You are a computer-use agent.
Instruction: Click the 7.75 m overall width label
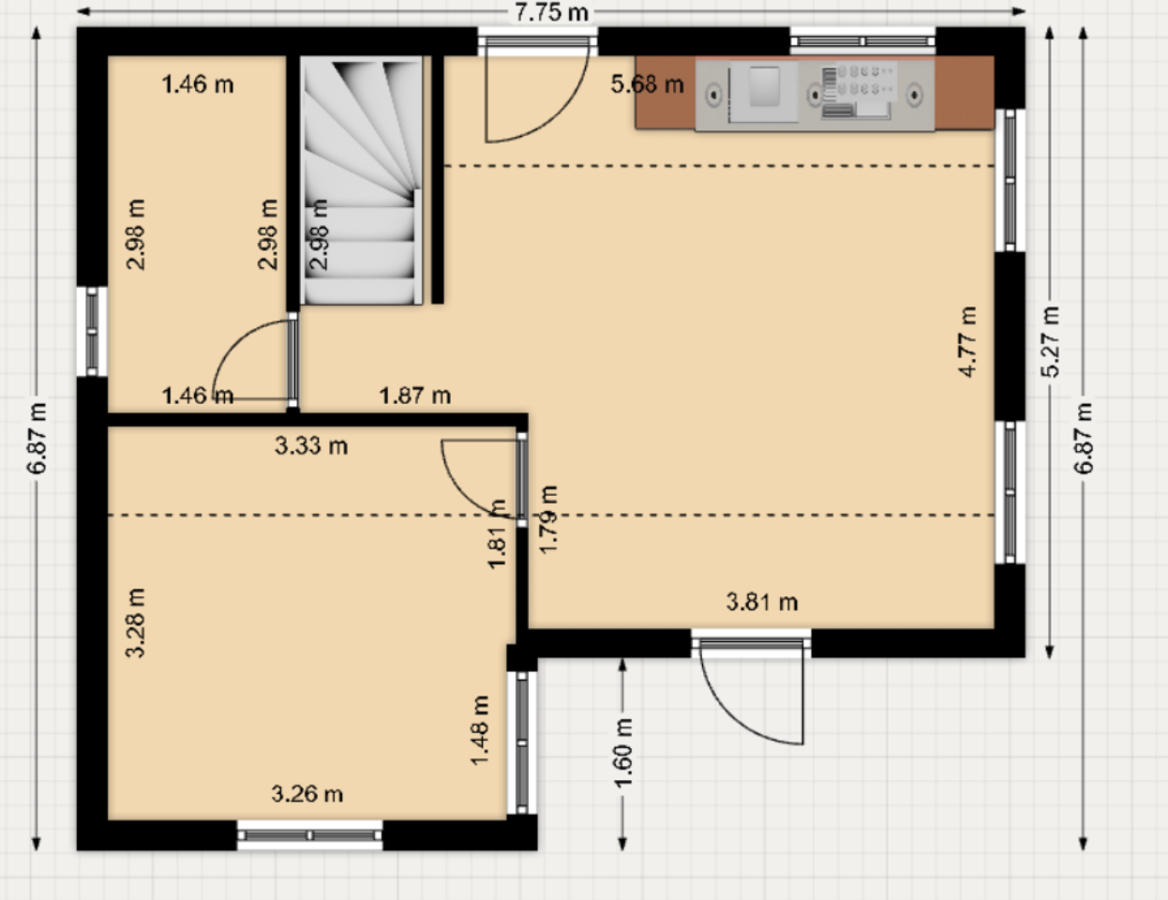click(x=551, y=12)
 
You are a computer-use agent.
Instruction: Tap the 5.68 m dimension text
click(x=647, y=84)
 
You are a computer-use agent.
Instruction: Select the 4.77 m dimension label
click(x=967, y=342)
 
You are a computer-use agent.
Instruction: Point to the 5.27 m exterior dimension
click(x=1050, y=342)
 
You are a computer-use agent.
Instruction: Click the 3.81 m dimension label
click(x=762, y=602)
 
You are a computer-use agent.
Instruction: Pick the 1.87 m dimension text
click(x=415, y=396)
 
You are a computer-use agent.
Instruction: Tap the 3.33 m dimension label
click(x=311, y=446)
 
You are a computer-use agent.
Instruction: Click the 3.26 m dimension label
click(x=307, y=794)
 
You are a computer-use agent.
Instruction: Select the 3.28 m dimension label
click(x=135, y=623)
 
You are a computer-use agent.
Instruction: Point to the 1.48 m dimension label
click(x=479, y=730)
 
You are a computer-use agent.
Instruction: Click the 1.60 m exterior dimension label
click(x=623, y=754)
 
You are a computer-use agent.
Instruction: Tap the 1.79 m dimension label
click(x=548, y=519)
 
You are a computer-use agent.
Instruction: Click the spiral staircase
click(x=361, y=181)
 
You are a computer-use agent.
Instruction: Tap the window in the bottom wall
click(x=309, y=835)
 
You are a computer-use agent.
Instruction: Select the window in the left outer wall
click(x=92, y=332)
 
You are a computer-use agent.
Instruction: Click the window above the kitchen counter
click(x=862, y=41)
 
